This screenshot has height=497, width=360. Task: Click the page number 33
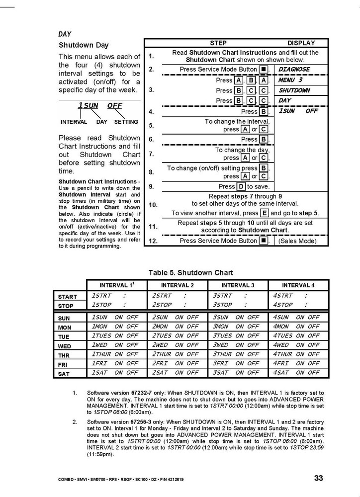pyautogui.click(x=319, y=478)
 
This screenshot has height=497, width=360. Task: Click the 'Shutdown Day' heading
pyautogui.click(x=84, y=45)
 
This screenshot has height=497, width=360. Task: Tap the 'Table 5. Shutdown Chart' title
pyautogui.click(x=190, y=272)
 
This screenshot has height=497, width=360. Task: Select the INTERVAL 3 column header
pyautogui.click(x=238, y=285)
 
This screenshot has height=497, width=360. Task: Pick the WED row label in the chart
pyautogui.click(x=65, y=346)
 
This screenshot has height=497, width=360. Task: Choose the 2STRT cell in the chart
pyautogui.click(x=162, y=296)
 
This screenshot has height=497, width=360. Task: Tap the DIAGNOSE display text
pyautogui.click(x=294, y=70)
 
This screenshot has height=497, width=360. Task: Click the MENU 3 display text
pyautogui.click(x=290, y=80)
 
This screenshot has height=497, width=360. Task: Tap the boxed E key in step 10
pyautogui.click(x=265, y=213)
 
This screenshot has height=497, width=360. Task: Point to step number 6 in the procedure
pyautogui.click(x=151, y=140)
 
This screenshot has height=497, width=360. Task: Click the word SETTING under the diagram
pyautogui.click(x=126, y=122)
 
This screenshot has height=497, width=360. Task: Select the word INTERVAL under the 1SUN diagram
pyautogui.click(x=74, y=122)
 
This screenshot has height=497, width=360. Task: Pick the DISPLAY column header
pyautogui.click(x=301, y=43)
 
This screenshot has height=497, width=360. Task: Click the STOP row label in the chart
pyautogui.click(x=65, y=306)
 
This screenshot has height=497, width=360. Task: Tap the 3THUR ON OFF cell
pyautogui.click(x=236, y=354)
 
